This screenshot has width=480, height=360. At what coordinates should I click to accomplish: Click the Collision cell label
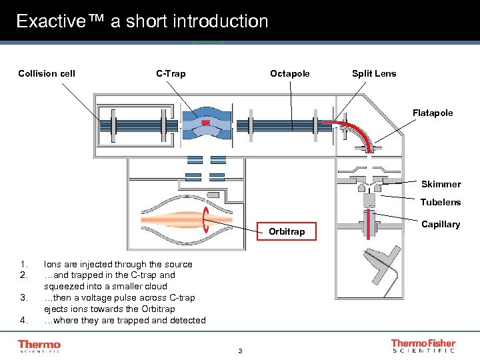tap(47, 73)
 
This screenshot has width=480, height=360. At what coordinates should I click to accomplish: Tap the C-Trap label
tap(171, 73)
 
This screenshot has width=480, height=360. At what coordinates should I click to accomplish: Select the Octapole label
tap(289, 73)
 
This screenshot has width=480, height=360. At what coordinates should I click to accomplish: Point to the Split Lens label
tap(373, 73)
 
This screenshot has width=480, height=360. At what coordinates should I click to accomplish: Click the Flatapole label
tap(432, 113)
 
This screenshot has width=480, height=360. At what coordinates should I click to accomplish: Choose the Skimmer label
tap(441, 184)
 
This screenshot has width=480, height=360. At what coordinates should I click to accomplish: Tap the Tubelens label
tap(440, 202)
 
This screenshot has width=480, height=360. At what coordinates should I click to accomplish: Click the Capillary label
tap(441, 224)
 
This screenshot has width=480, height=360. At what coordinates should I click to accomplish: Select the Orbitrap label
tap(286, 231)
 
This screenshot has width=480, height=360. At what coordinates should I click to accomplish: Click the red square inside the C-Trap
tap(205, 124)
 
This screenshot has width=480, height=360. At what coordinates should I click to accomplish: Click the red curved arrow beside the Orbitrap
tap(207, 219)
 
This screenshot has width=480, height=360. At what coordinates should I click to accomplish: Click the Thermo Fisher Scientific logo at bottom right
tap(423, 346)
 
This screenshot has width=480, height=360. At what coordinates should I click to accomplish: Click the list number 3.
tap(24, 298)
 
